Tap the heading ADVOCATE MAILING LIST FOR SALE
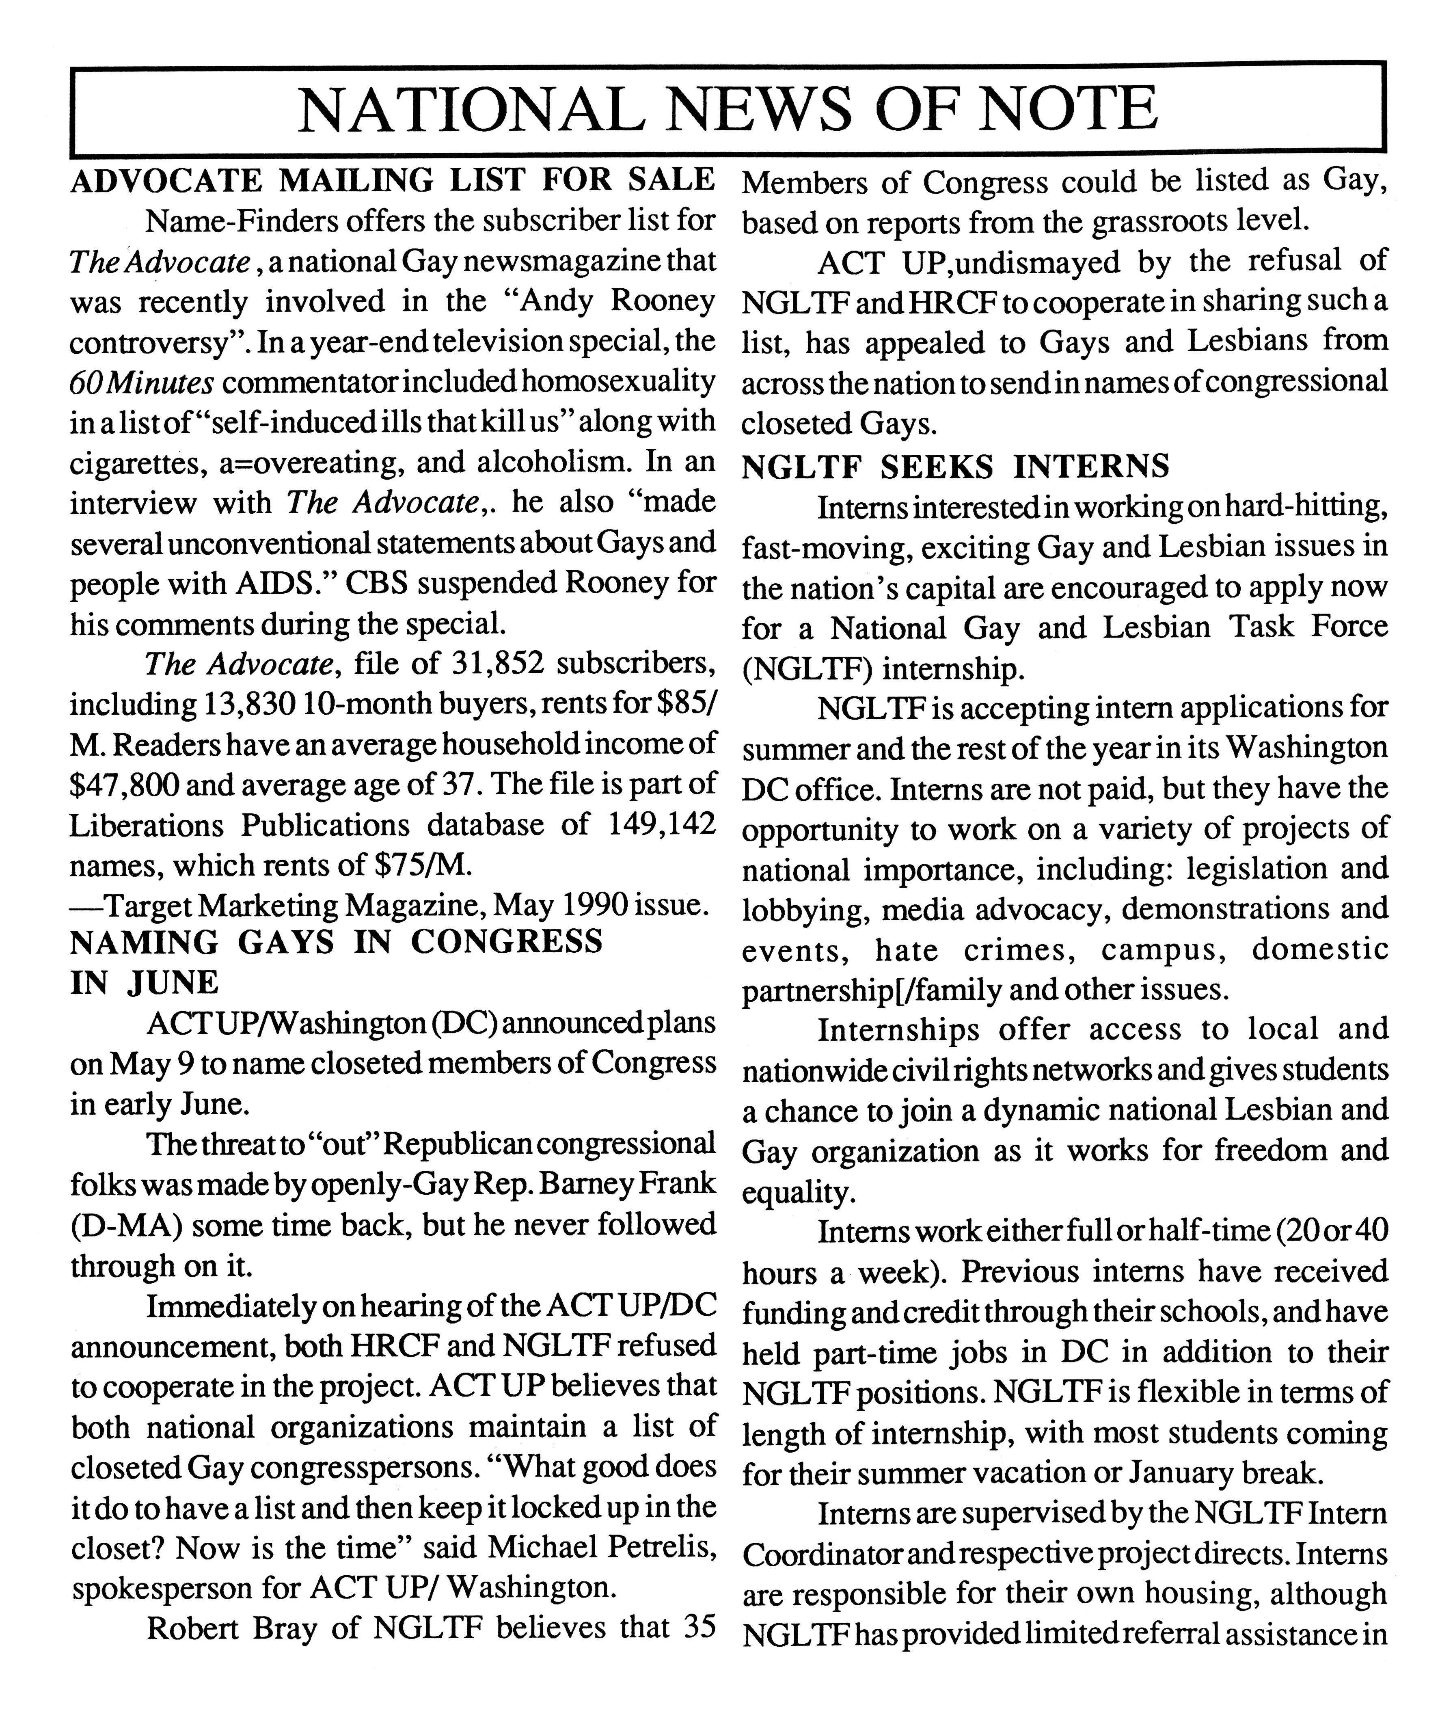click(x=392, y=180)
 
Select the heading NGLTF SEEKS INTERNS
click(x=955, y=467)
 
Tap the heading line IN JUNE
click(x=145, y=983)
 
